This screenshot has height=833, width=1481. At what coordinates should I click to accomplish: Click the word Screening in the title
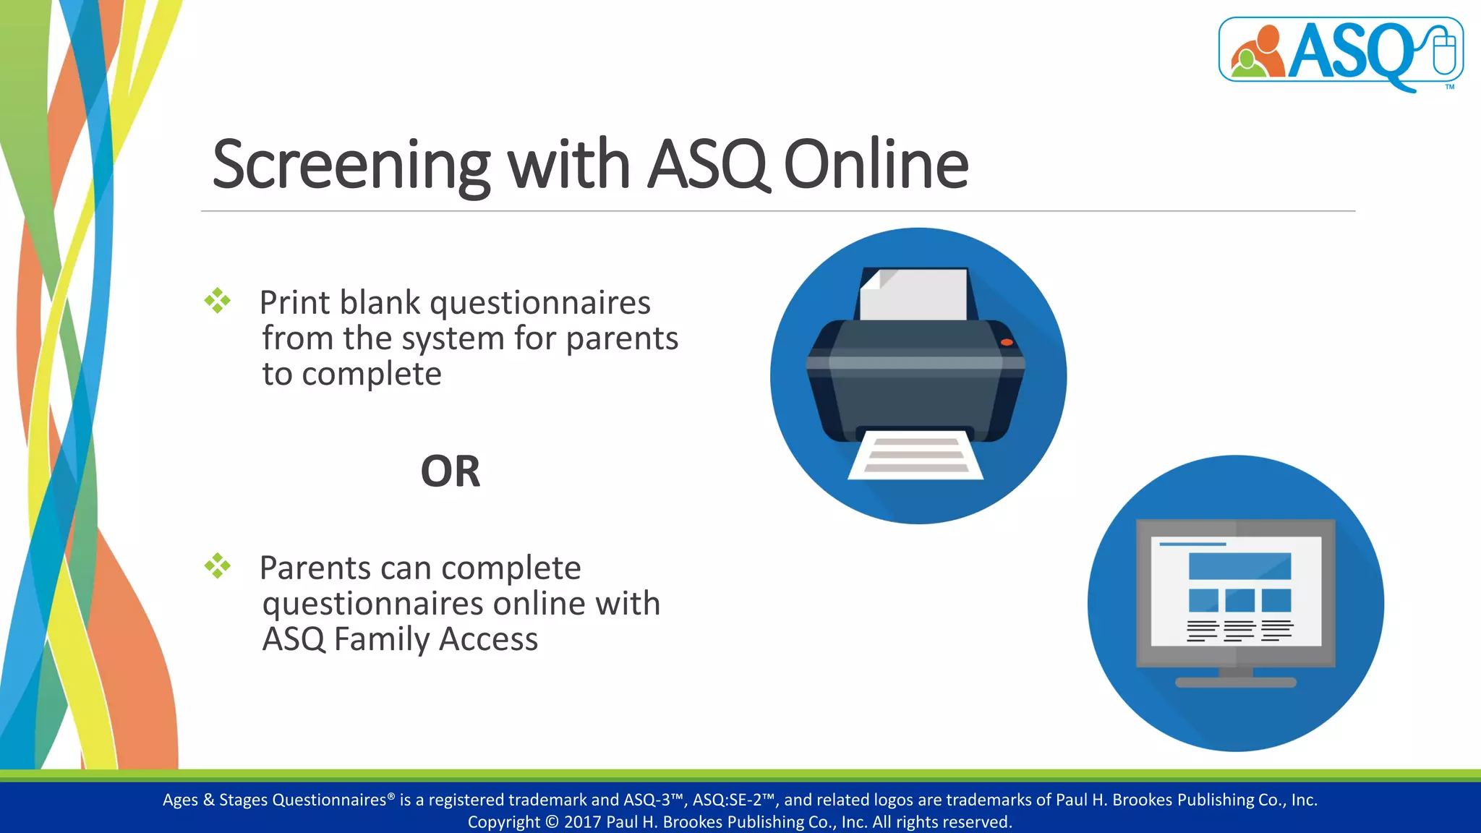click(x=351, y=165)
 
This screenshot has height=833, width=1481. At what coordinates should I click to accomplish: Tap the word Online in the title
click(x=876, y=165)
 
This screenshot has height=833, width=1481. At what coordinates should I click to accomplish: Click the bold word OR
click(x=450, y=471)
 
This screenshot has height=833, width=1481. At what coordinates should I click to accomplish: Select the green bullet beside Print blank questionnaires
click(x=217, y=301)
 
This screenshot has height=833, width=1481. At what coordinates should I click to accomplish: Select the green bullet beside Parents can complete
click(x=217, y=565)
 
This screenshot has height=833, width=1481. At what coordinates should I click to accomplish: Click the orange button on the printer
click(x=1007, y=342)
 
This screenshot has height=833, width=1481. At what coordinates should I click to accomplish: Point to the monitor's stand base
click(x=1236, y=682)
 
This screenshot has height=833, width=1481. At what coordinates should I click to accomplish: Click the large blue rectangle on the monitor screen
click(x=1239, y=566)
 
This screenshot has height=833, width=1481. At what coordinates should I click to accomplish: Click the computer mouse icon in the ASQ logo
click(x=1444, y=51)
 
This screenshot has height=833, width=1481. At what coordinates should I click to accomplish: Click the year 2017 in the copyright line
click(x=582, y=822)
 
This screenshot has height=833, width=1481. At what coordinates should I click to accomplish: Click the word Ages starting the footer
click(x=180, y=800)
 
